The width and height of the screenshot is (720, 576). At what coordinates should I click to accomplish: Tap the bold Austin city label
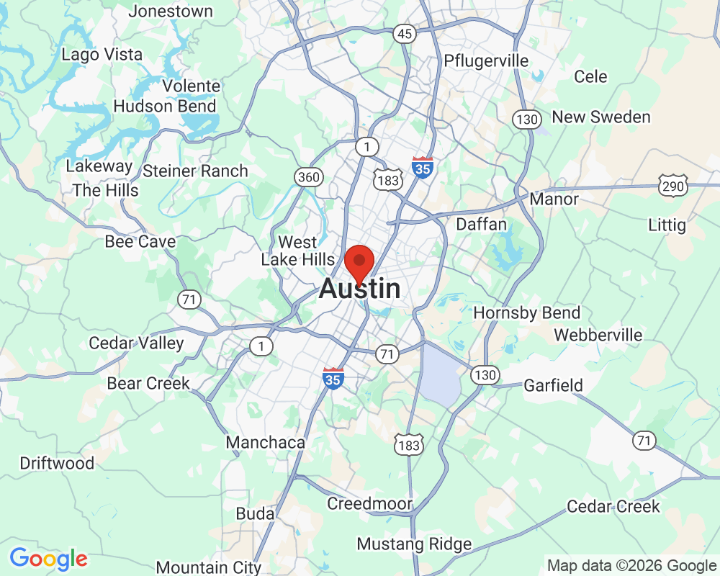(359, 289)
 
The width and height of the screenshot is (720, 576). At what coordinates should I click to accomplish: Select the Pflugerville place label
(487, 60)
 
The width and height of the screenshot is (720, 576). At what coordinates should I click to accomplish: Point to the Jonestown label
(171, 12)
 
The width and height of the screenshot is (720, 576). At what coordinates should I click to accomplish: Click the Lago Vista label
(102, 55)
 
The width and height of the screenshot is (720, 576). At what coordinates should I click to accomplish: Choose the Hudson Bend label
(165, 106)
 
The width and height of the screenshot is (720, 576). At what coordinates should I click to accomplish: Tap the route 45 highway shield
(405, 34)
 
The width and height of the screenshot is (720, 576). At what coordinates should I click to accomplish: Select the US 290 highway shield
(672, 186)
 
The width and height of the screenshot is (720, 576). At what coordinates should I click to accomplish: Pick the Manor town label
(554, 199)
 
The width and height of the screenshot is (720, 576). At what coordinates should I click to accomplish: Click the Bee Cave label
(140, 241)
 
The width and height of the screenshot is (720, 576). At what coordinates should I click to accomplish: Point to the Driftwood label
(57, 463)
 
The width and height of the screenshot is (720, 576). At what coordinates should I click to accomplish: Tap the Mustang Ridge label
(414, 544)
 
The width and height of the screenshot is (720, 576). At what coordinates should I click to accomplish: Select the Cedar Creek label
(613, 506)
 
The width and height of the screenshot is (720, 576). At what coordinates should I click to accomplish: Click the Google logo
(48, 558)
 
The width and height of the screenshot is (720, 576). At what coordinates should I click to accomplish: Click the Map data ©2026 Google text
(631, 565)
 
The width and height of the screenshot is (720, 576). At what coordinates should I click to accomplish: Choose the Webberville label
(598, 335)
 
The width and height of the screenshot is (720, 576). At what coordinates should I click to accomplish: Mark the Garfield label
(553, 385)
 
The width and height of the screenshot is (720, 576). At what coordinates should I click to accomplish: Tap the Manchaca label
(266, 442)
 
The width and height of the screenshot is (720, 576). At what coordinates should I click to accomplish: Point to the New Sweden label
(600, 117)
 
